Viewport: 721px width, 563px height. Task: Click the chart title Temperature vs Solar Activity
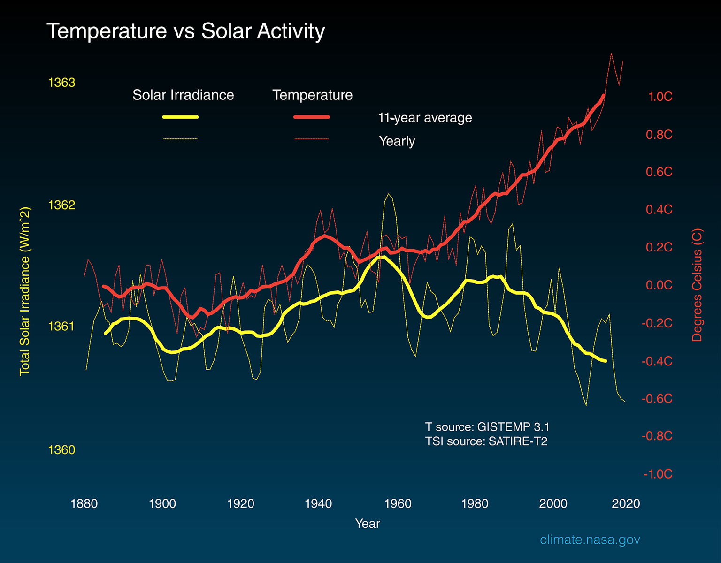tap(185, 31)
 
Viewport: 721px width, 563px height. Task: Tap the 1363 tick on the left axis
tap(61, 83)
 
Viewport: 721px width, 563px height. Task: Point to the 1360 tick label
tap(61, 450)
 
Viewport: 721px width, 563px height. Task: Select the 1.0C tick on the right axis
tap(660, 97)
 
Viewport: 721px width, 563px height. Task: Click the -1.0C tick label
tap(658, 474)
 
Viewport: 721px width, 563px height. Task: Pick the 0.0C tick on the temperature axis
tap(659, 285)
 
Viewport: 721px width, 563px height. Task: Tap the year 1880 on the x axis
tap(84, 504)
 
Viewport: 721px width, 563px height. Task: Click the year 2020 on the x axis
tap(626, 504)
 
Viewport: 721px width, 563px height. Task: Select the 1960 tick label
tap(398, 504)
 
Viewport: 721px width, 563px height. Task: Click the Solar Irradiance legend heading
tap(183, 95)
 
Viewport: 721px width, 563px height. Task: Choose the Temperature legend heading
tap(313, 95)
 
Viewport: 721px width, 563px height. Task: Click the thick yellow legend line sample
tap(181, 117)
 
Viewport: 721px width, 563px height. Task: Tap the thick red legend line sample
tap(312, 117)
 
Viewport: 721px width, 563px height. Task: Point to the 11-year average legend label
tap(425, 118)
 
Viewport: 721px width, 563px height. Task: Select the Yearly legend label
tap(397, 141)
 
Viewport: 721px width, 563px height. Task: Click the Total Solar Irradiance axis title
tap(24, 291)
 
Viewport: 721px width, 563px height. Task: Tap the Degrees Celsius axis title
tap(697, 285)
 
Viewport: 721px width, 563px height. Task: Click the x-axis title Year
tap(368, 524)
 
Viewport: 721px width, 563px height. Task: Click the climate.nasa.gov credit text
tap(590, 540)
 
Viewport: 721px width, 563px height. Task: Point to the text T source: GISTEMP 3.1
tap(487, 427)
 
